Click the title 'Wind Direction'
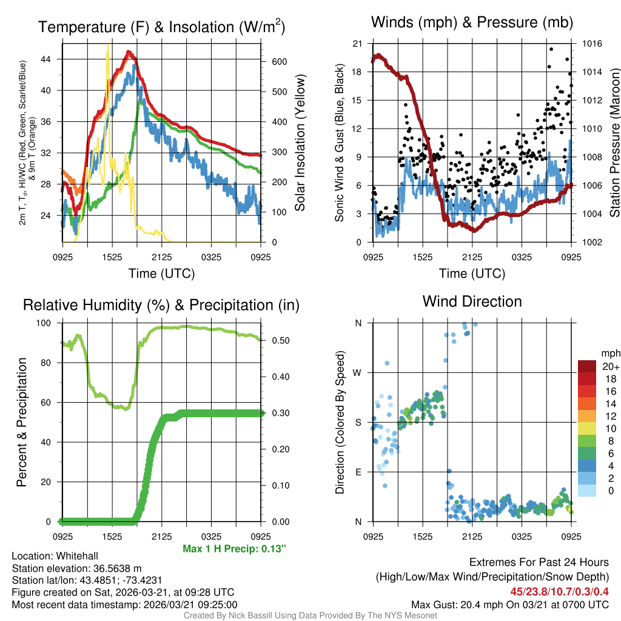(472, 301)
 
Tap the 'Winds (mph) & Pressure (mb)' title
(472, 23)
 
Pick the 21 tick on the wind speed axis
(358, 44)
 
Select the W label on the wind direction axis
(358, 372)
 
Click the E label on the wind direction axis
(358, 472)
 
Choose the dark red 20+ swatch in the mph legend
(588, 366)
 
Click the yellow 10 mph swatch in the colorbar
(588, 428)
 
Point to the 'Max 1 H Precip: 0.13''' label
(234, 549)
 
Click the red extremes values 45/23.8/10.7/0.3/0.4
(560, 591)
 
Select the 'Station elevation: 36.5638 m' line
(76, 568)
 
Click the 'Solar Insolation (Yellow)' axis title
(300, 143)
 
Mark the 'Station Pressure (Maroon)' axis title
(614, 143)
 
